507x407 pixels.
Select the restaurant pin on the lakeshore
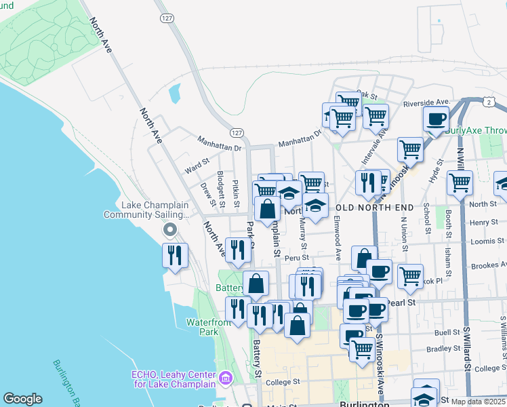pyautogui.click(x=175, y=256)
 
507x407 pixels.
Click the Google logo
pyautogui.click(x=23, y=399)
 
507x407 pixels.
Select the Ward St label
pyautogui.click(x=197, y=162)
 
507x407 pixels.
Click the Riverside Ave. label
pyautogui.click(x=426, y=102)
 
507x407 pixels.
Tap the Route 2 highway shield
pyautogui.click(x=488, y=101)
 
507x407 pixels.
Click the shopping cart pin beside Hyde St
pyautogui.click(x=410, y=149)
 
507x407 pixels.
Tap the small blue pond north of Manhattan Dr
pyautogui.click(x=175, y=93)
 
